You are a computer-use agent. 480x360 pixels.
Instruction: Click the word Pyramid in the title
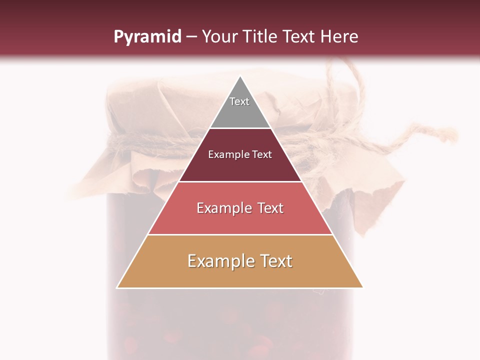pyautogui.click(x=147, y=36)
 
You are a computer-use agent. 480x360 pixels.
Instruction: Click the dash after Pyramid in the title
pyautogui.click(x=191, y=37)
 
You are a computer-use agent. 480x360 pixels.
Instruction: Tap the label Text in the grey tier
pyautogui.click(x=239, y=101)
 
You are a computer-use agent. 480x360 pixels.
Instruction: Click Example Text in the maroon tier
pyautogui.click(x=240, y=154)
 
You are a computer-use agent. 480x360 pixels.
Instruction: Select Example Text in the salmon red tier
pyautogui.click(x=240, y=208)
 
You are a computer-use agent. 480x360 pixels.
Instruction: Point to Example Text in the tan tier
pyautogui.click(x=240, y=261)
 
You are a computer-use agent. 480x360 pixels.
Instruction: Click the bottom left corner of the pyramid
pyautogui.click(x=117, y=287)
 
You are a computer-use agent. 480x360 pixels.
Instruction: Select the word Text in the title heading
pyautogui.click(x=300, y=36)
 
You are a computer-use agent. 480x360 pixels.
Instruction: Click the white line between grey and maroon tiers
pyautogui.click(x=240, y=128)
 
